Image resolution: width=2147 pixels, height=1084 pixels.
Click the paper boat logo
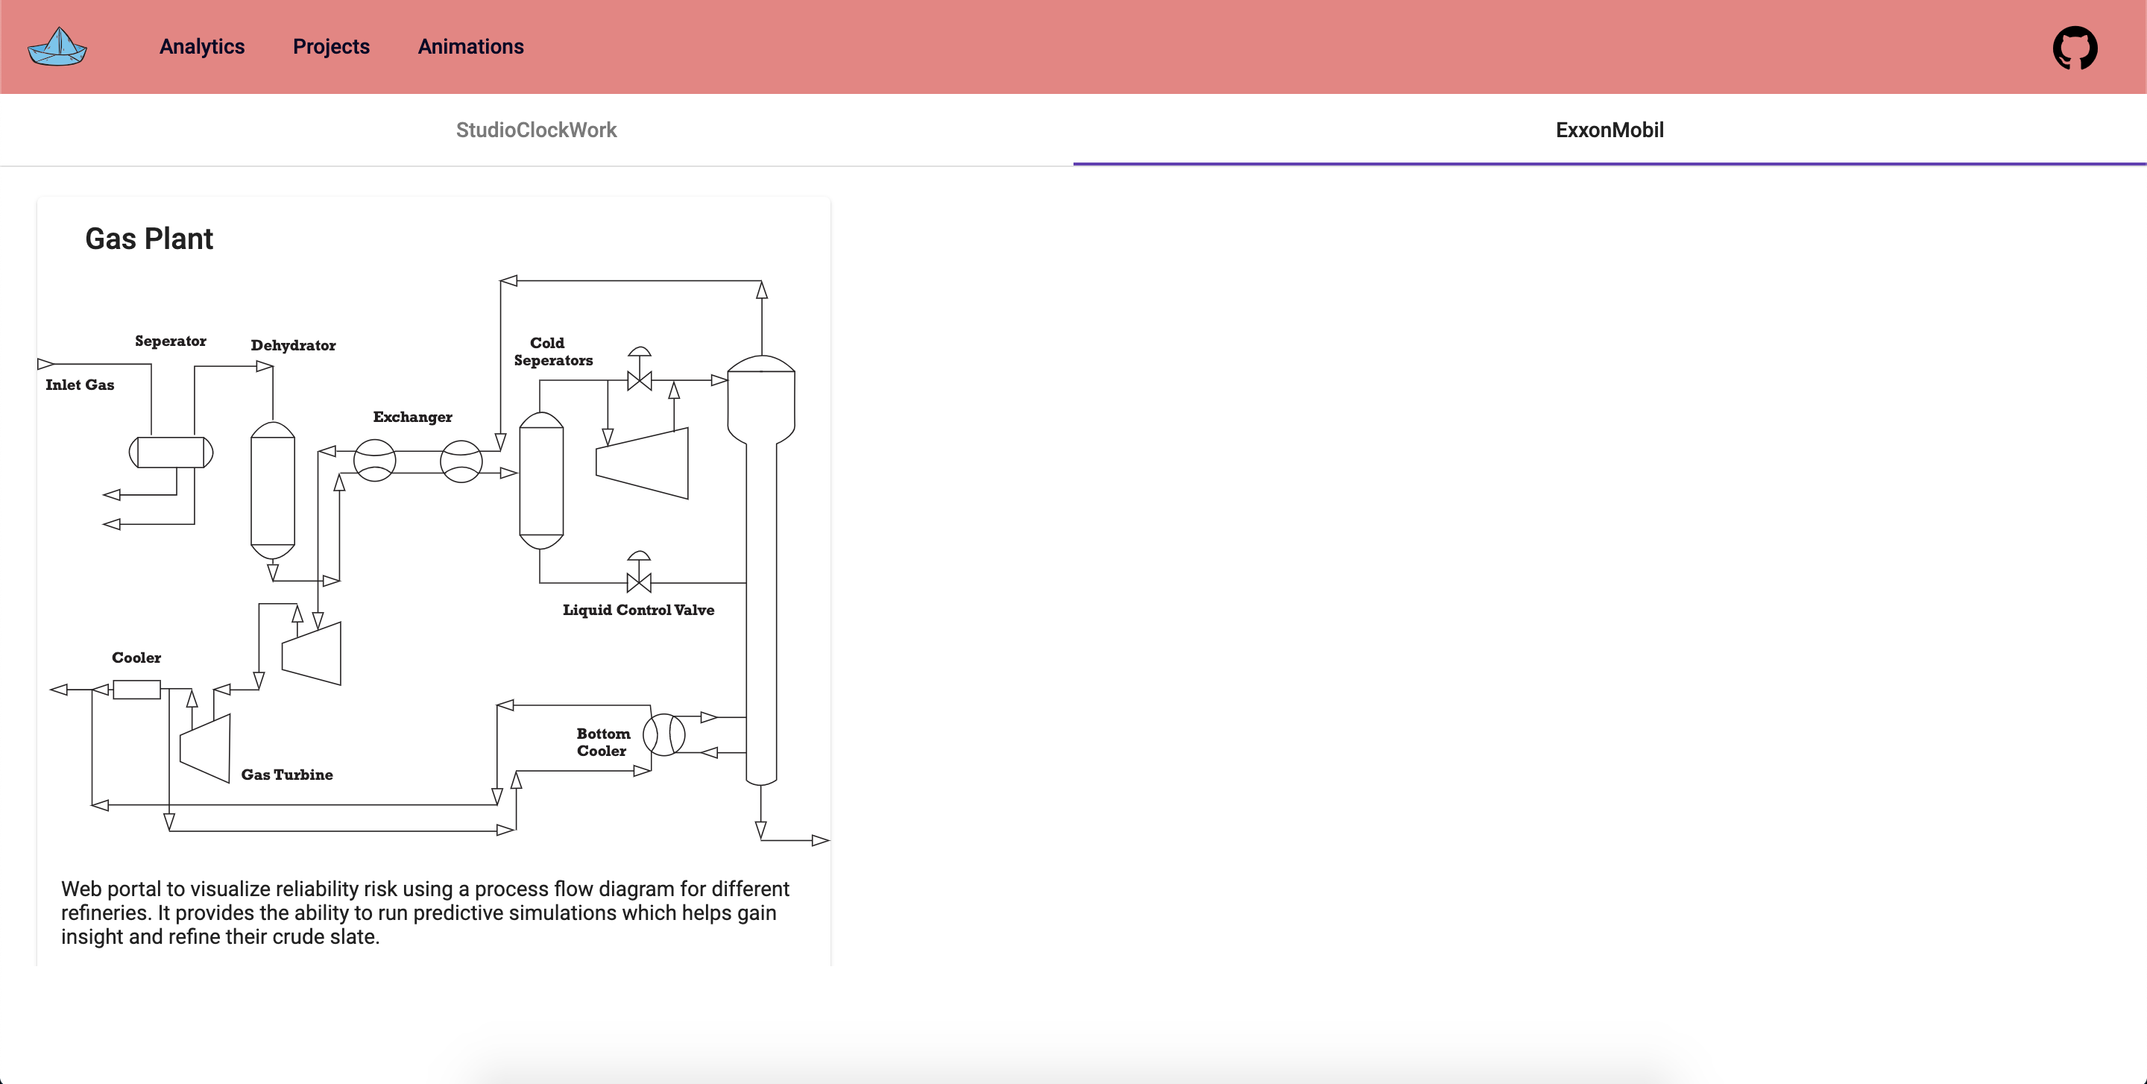pos(57,47)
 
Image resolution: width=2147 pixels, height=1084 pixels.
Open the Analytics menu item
pos(202,47)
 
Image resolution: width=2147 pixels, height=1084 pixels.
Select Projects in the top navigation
pos(331,47)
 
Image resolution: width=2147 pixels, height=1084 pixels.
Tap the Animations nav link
pos(471,47)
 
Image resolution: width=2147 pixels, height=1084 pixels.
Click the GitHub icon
pos(2075,48)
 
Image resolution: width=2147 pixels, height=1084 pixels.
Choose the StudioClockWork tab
pos(536,130)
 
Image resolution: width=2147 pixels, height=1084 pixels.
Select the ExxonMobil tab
pos(1610,130)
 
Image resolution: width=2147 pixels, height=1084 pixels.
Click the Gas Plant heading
pos(149,239)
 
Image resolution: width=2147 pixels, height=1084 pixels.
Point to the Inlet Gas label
pos(80,385)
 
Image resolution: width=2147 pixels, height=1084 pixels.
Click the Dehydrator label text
pos(294,346)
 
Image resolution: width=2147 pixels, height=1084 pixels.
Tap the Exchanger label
pos(412,417)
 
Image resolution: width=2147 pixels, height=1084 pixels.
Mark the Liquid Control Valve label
pos(638,611)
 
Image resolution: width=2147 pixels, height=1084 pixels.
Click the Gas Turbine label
pos(287,775)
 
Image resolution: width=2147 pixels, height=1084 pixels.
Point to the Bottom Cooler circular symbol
pos(664,735)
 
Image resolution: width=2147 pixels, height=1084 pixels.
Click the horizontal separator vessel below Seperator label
pos(171,453)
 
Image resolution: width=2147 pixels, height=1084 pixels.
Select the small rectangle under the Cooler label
pos(136,689)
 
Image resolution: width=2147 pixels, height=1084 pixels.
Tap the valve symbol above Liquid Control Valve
pos(638,580)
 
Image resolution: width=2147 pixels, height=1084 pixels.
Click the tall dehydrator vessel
pos(273,490)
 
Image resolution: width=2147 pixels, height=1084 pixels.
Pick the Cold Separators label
pos(552,352)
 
